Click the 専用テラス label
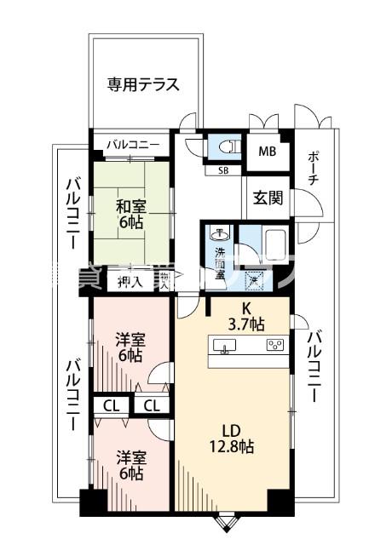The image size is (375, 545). pyautogui.click(x=142, y=84)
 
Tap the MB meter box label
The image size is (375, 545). pyautogui.click(x=267, y=154)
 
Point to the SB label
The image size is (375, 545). pyautogui.click(x=222, y=170)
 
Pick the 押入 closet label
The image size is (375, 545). pyautogui.click(x=130, y=281)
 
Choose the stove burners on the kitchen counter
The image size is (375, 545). pyautogui.click(x=274, y=345)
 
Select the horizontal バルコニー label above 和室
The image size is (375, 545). pyautogui.click(x=132, y=144)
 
